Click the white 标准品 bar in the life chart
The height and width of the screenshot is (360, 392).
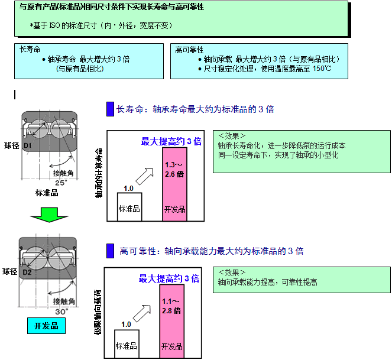pyautogui.click(x=129, y=206)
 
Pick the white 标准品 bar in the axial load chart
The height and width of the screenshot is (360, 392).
pyautogui.click(x=126, y=342)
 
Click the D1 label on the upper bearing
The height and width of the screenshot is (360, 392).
pyautogui.click(x=27, y=145)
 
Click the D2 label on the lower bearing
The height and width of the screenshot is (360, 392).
pyautogui.click(x=27, y=272)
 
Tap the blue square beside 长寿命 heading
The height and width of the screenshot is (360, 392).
pyautogui.click(x=110, y=109)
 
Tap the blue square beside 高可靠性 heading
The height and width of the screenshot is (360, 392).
pyautogui.click(x=110, y=251)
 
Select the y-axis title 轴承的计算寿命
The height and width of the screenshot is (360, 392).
pyautogui.click(x=99, y=173)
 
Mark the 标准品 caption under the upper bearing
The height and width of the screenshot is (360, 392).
pyautogui.click(x=47, y=193)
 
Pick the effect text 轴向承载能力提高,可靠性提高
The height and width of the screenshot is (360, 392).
pyautogui.click(x=268, y=282)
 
